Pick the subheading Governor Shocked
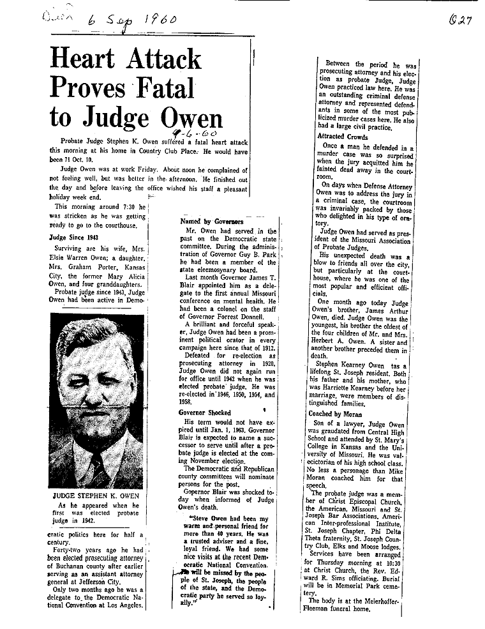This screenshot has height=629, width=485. coord(205,413)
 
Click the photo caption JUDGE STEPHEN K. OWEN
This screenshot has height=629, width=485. coord(96,495)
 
